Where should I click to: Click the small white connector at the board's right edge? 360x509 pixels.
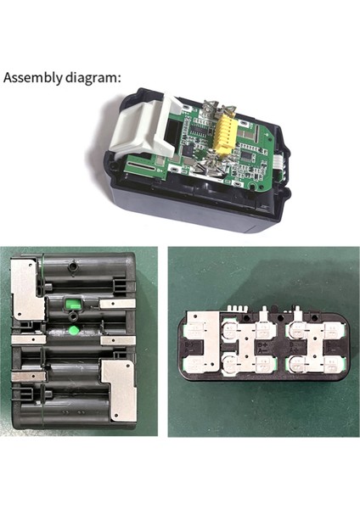281,158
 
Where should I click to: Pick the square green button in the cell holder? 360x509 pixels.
74,302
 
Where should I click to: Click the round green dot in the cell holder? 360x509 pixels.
75,329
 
